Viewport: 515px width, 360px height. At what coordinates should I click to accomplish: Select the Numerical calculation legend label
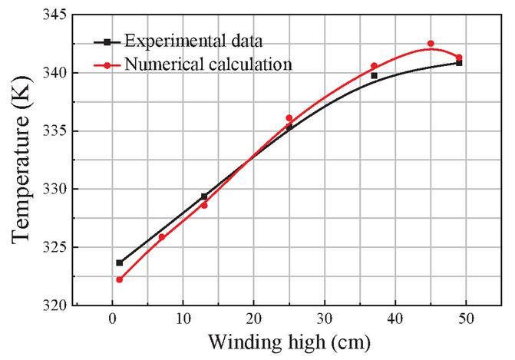(208, 64)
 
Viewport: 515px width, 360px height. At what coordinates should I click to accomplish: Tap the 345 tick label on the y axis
(52, 15)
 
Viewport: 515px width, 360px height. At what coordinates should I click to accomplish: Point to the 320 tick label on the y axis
(52, 306)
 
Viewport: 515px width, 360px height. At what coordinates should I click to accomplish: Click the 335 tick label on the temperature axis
(52, 131)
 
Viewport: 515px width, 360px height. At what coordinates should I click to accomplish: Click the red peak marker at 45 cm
(431, 44)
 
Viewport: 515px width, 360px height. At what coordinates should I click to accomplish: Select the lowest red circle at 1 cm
(120, 279)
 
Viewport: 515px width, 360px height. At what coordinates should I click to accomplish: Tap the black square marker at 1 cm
(120, 263)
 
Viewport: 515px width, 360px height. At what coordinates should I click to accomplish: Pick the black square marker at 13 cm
(204, 197)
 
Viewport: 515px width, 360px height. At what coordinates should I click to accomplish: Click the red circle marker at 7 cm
(162, 236)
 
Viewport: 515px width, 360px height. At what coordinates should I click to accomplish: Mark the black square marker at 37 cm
(374, 75)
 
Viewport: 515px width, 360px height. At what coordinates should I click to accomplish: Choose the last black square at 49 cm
(459, 63)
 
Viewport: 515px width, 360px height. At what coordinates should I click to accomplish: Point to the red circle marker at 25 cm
(289, 118)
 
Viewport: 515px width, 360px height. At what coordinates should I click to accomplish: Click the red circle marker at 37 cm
(374, 66)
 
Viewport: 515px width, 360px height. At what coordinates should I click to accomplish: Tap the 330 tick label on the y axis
(52, 190)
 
